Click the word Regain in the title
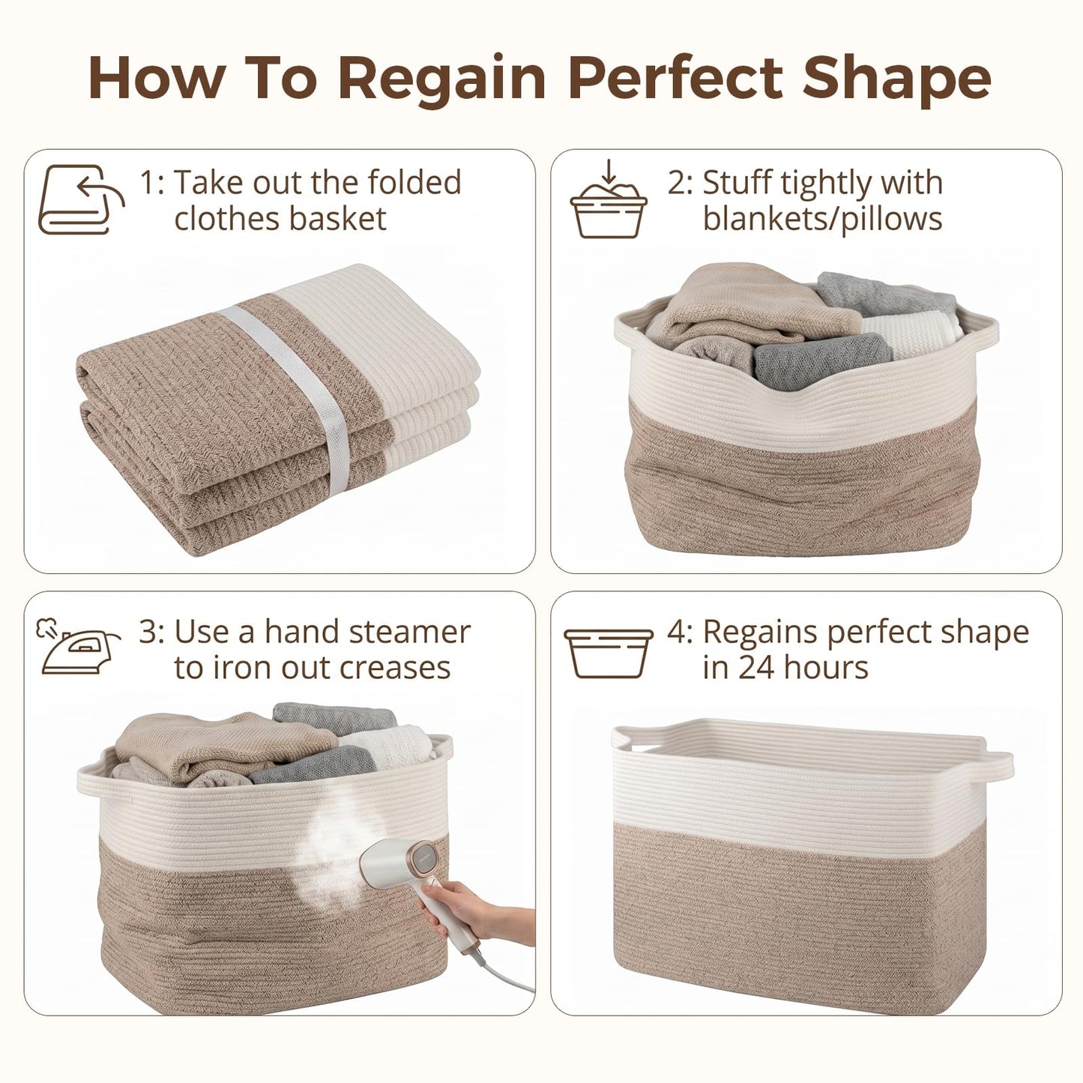[442, 79]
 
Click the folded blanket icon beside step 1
[81, 199]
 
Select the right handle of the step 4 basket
[998, 765]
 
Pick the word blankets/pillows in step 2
[822, 219]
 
